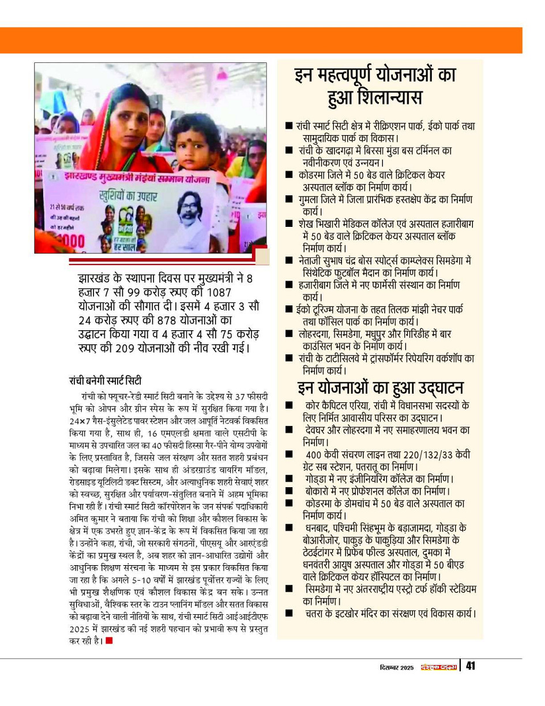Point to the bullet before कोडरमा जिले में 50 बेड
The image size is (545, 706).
pos(288,174)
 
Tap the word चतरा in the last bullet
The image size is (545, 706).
pos(317,612)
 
